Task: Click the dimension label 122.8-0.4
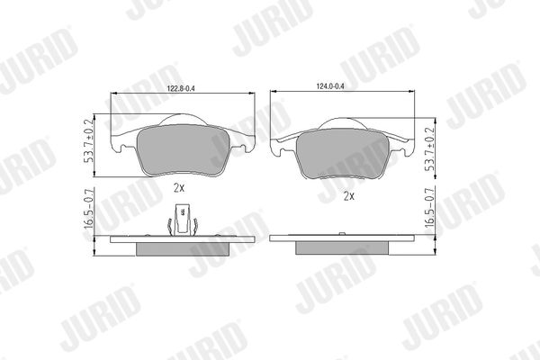pyautogui.click(x=181, y=88)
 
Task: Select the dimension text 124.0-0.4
pyautogui.click(x=330, y=86)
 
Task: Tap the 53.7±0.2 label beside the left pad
pyautogui.click(x=88, y=141)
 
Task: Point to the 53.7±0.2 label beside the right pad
pyautogui.click(x=430, y=148)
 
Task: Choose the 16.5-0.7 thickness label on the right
pyautogui.click(x=430, y=207)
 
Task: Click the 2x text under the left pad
pyautogui.click(x=179, y=188)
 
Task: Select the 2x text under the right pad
pyautogui.click(x=349, y=196)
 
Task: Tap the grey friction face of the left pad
pyautogui.click(x=184, y=150)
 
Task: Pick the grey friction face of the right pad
pyautogui.click(x=343, y=154)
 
